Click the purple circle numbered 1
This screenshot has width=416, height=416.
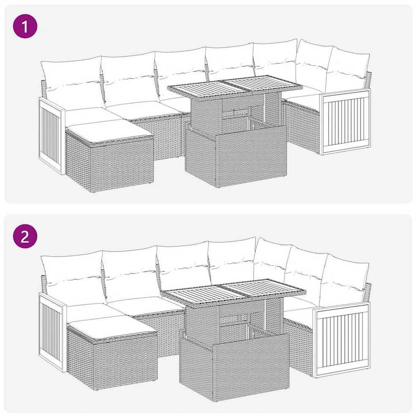click(x=25, y=26)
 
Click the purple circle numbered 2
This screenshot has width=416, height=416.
click(x=25, y=236)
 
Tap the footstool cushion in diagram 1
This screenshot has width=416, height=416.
click(x=110, y=129)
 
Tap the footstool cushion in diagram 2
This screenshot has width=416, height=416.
click(x=112, y=327)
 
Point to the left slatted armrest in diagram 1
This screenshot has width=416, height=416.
click(x=52, y=135)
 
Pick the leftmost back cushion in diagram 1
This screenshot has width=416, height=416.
click(x=71, y=81)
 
